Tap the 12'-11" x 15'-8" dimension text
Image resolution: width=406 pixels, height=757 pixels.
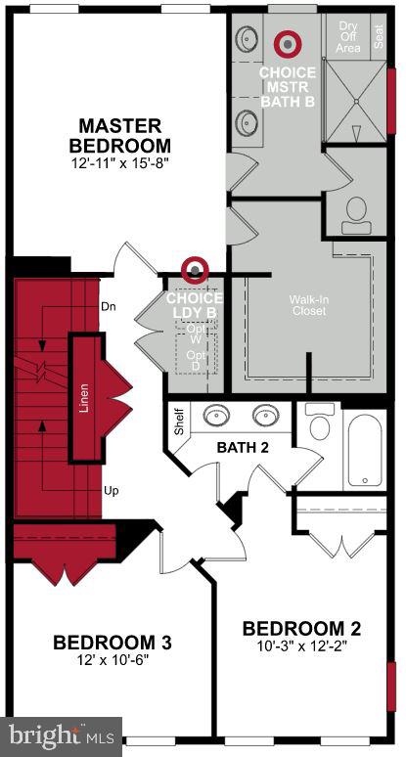click(119, 164)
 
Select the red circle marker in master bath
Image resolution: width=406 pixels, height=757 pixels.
click(287, 43)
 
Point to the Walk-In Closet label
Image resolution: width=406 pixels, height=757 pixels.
click(308, 305)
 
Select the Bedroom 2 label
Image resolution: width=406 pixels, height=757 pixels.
click(294, 628)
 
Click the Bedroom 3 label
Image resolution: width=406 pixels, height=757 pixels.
click(113, 643)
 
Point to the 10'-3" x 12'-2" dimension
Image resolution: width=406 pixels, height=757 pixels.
click(294, 646)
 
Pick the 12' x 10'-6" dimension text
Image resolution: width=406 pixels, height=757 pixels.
click(113, 660)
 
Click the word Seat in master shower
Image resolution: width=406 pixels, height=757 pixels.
click(381, 37)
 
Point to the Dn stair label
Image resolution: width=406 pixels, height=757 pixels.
click(109, 306)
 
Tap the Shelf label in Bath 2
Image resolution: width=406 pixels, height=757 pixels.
click(178, 422)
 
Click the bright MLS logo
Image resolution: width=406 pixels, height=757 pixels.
click(62, 734)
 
